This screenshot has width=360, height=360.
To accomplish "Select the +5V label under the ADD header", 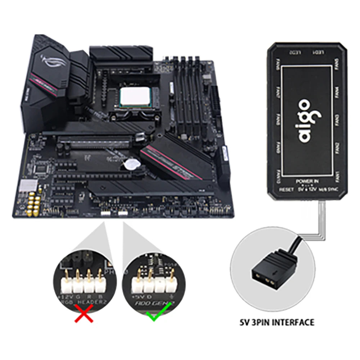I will (136, 296).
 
